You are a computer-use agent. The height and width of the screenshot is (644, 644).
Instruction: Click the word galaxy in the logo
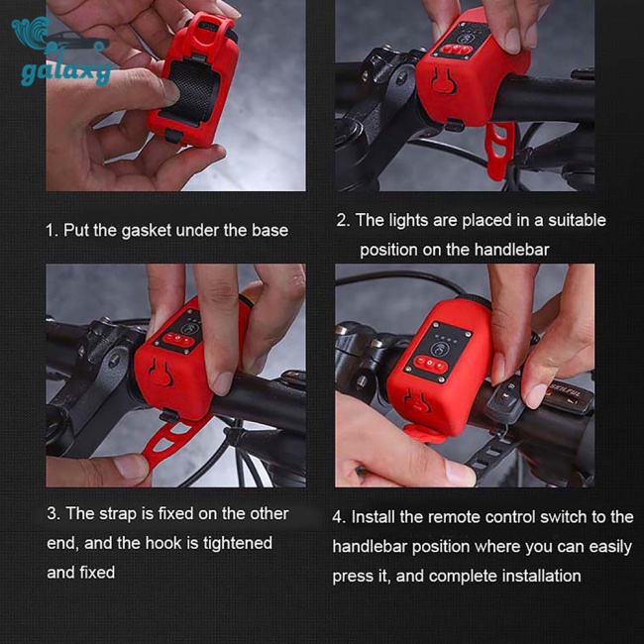(x=66, y=73)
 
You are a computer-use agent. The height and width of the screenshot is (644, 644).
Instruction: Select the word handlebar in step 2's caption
(x=511, y=250)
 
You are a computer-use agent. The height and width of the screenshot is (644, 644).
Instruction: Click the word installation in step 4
(x=541, y=576)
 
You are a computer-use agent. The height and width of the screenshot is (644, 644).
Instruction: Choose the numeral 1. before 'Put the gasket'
(x=53, y=231)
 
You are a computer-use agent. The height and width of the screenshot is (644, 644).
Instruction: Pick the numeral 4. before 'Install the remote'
(x=339, y=517)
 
